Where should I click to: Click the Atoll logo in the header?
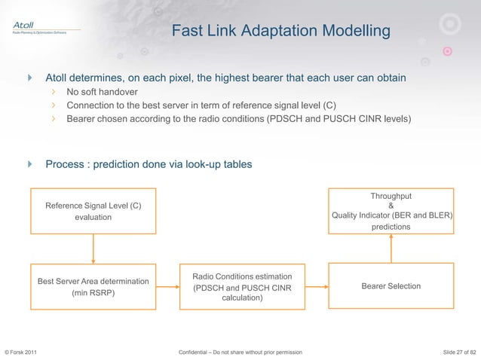click(27, 27)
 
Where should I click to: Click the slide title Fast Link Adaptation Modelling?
click(281, 32)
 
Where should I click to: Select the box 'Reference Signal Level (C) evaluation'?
click(93, 211)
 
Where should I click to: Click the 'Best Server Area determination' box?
click(93, 286)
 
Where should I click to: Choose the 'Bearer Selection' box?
click(391, 286)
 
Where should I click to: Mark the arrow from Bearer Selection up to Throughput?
click(391, 247)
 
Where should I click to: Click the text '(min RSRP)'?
click(93, 294)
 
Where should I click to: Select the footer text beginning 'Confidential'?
click(241, 352)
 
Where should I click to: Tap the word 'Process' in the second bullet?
click(65, 164)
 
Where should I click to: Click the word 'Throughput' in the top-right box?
click(391, 196)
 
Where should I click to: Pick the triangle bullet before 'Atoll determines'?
click(31, 78)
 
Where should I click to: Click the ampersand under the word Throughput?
click(391, 205)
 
